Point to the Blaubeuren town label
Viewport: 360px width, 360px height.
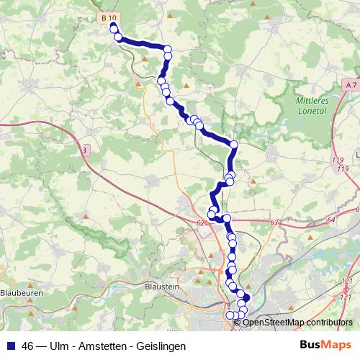point(22,293)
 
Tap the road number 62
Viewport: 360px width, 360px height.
point(199,222)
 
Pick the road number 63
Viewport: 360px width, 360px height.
point(274,223)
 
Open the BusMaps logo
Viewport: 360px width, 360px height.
point(325,346)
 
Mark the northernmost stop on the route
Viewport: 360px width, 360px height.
point(113,28)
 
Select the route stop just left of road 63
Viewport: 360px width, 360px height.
point(226,218)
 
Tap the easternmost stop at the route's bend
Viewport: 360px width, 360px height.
point(234,145)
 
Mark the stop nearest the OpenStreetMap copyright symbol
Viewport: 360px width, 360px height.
point(241,315)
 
